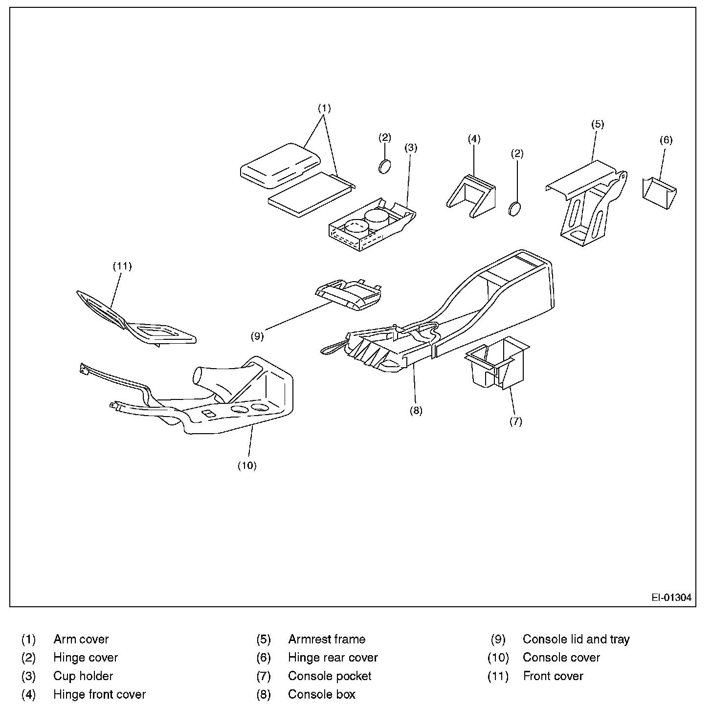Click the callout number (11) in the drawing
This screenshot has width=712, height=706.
[x=122, y=266]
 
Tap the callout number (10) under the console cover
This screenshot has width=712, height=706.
[x=247, y=465]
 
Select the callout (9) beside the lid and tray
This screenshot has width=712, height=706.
[x=257, y=336]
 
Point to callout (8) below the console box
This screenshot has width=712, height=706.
[x=416, y=411]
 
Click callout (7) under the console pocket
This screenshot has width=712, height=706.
[x=516, y=421]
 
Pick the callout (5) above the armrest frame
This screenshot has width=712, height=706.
[x=598, y=124]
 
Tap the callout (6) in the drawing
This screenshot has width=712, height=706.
[x=666, y=140]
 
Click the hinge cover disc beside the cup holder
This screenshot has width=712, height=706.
[x=385, y=166]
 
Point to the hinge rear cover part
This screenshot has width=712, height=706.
[x=658, y=193]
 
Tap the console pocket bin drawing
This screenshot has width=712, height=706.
[x=496, y=364]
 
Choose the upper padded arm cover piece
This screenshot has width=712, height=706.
[x=280, y=165]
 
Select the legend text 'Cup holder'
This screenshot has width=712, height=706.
[x=83, y=676]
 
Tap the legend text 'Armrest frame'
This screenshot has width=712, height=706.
[x=327, y=639]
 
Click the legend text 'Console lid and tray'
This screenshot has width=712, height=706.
[x=576, y=639]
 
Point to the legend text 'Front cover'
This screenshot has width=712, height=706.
[x=553, y=676]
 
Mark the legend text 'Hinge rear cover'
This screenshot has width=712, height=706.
[x=333, y=658]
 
